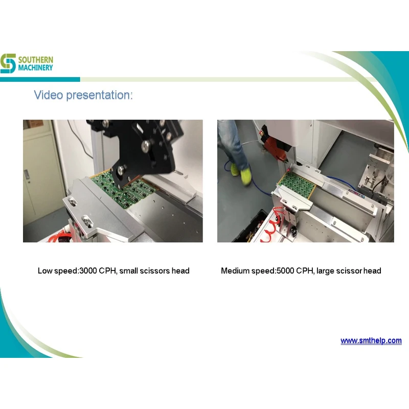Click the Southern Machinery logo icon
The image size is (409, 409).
(8, 63)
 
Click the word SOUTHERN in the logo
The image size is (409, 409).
(36, 60)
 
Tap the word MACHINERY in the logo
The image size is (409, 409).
(36, 67)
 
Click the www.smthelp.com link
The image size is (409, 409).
(371, 340)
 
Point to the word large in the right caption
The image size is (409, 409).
(325, 270)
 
